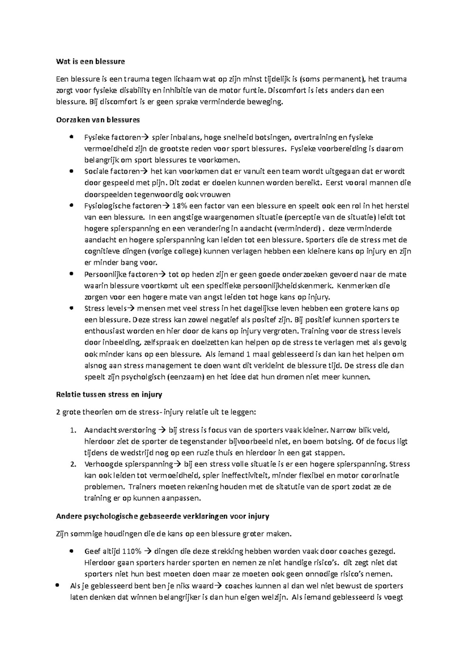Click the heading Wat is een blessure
pos(90,61)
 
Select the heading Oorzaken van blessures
pos(97,119)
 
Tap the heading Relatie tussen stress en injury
pos(109,394)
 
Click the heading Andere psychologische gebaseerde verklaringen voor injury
pos(162,516)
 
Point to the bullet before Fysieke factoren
pos(71,137)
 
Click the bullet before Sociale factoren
pos(71,171)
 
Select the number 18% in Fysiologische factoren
pos(180,205)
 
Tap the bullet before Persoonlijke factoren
pos(71,274)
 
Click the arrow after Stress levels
pos(131,308)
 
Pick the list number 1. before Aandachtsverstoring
pos(73,430)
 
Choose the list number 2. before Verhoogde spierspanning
pos(73,464)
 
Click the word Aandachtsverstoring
pos(120,430)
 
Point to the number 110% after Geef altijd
pos(132,551)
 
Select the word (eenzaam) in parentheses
pos(186,377)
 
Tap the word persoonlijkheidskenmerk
pos(288,286)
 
